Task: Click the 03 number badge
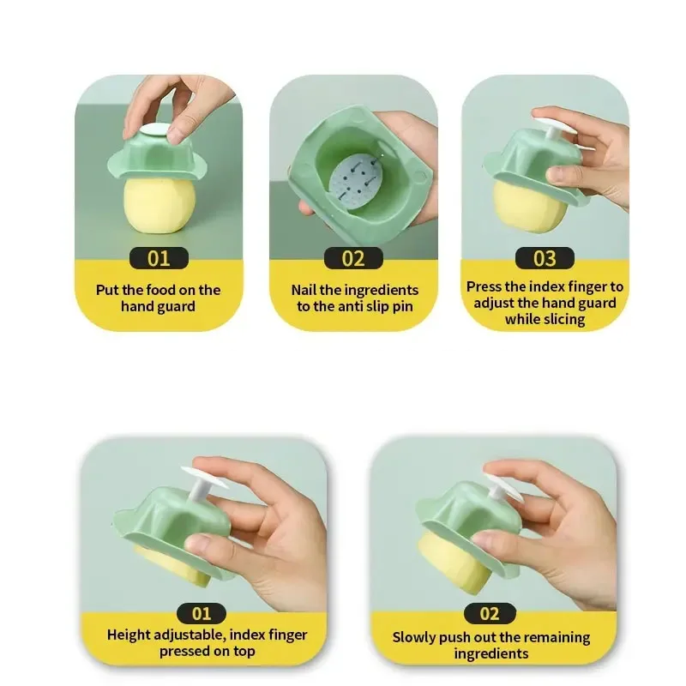[545, 258]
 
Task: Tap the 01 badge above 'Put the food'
[159, 258]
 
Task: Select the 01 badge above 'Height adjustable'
[202, 613]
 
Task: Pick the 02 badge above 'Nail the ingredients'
[353, 258]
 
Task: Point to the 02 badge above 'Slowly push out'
[490, 613]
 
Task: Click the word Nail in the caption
[304, 290]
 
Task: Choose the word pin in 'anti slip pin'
[402, 306]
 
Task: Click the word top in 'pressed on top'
[244, 652]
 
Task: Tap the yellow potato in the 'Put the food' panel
[159, 205]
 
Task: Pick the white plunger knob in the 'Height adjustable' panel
[202, 481]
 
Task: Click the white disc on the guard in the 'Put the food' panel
[156, 130]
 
